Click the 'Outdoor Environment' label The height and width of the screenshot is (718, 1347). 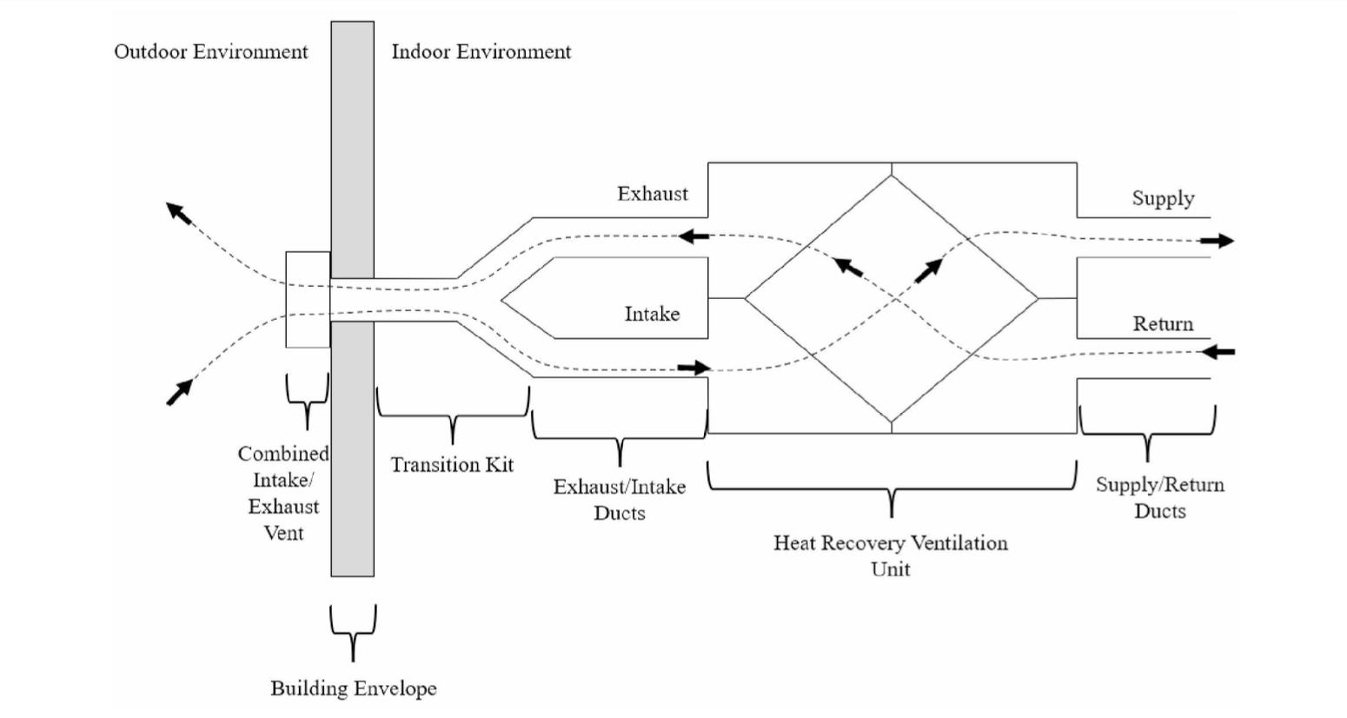[211, 52]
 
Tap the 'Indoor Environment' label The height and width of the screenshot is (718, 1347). [481, 52]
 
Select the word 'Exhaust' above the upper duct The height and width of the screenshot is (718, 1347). [652, 194]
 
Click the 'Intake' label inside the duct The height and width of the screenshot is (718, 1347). [652, 314]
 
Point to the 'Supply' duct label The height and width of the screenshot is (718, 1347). [1163, 199]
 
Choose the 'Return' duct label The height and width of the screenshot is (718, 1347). [1163, 324]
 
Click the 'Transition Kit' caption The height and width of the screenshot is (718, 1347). [452, 465]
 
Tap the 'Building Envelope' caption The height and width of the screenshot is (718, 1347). [354, 688]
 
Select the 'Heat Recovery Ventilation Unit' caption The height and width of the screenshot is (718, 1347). [891, 555]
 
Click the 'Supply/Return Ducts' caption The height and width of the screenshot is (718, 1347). [1159, 497]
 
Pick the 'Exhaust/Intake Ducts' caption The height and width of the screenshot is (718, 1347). [620, 500]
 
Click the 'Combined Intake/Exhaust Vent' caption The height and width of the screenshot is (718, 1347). [283, 493]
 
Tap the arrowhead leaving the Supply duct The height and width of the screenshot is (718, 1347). [1224, 241]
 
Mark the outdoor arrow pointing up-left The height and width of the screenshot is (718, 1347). [178, 212]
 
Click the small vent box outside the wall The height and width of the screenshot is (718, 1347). [308, 300]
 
